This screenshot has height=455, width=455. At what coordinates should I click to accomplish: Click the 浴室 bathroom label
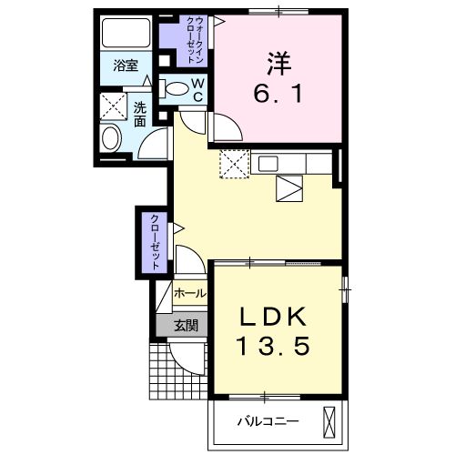pos(126,66)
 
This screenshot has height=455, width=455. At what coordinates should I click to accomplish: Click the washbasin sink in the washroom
pos(111,138)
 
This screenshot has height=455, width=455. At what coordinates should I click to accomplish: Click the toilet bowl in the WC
pos(175,88)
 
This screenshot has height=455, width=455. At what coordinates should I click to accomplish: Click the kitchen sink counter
pos(293,164)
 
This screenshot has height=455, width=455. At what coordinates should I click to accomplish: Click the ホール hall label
pos(189,293)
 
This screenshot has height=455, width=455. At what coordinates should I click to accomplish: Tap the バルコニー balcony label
pos(268,420)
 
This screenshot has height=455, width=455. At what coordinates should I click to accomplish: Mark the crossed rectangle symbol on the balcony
pos(330,424)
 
